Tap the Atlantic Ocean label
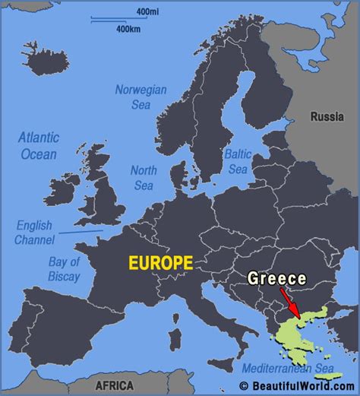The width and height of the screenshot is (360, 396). tap(38, 146)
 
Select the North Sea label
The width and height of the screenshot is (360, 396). tap(144, 177)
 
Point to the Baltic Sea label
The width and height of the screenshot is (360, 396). tap(237, 160)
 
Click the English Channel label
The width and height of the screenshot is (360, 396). tap(34, 233)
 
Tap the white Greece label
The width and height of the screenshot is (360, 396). tap(276, 279)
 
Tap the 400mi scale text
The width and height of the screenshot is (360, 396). tap(147, 12)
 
